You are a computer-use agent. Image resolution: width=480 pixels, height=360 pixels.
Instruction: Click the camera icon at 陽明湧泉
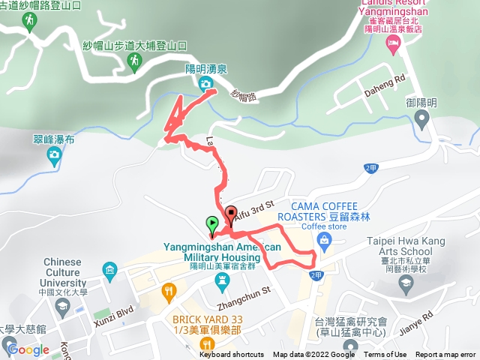point(205,84)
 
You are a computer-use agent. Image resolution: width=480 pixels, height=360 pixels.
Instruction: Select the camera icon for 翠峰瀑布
point(54,155)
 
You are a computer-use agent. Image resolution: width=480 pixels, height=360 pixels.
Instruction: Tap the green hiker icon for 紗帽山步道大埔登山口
point(135,62)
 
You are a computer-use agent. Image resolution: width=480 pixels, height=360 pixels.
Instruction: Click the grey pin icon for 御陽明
point(422,117)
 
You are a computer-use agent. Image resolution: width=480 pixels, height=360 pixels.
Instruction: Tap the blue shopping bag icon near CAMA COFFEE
point(324,240)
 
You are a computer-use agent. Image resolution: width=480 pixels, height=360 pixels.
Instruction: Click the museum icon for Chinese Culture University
point(111,269)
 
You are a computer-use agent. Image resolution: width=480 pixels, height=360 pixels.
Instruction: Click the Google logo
point(28,349)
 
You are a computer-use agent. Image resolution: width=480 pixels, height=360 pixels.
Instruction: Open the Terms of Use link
point(385,355)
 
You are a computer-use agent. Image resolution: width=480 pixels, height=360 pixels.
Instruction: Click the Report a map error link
point(447,355)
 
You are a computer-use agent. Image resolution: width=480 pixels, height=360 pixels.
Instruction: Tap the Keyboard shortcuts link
point(231,355)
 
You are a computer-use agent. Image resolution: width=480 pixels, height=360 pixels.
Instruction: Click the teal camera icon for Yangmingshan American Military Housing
point(220,280)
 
